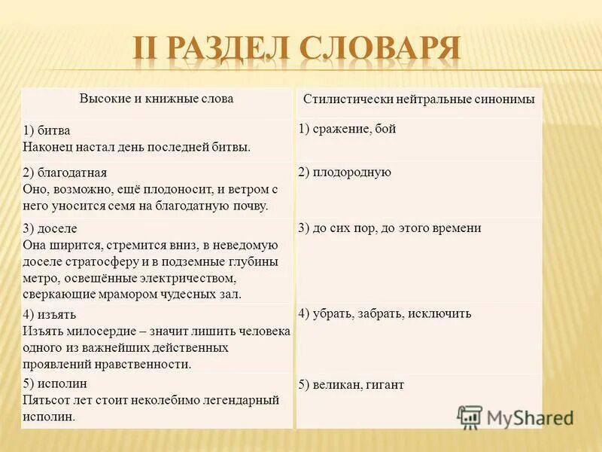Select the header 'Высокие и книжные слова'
click(157, 99)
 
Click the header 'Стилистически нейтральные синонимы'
click(419, 99)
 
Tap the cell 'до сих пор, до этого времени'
click(389, 228)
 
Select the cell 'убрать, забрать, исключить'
click(385, 313)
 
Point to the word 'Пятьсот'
click(44, 399)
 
